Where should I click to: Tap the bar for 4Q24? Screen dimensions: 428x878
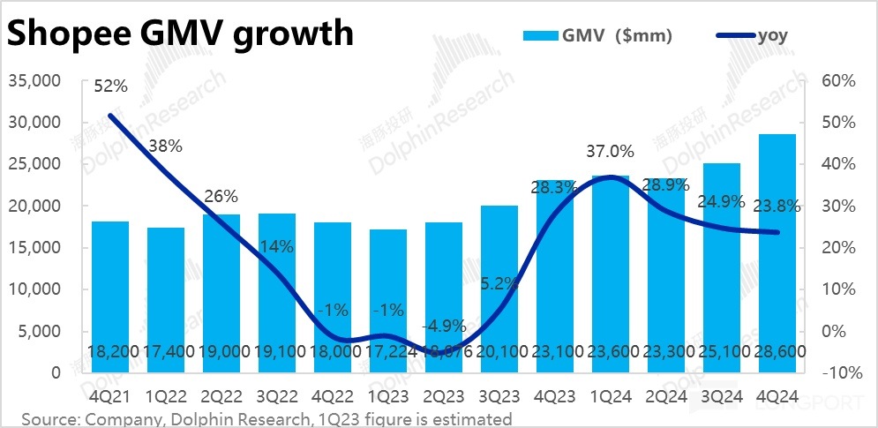[777, 247]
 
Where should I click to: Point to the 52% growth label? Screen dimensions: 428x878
[111, 86]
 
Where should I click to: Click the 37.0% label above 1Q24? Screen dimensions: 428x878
[611, 152]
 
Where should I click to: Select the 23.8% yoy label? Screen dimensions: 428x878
[777, 207]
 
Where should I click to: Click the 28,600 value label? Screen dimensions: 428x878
[777, 352]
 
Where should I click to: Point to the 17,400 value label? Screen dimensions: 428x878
[165, 352]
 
